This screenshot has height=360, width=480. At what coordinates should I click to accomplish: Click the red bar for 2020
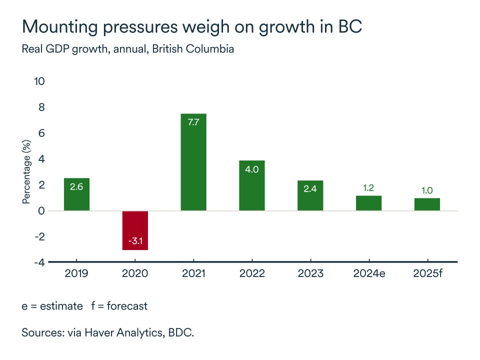click(x=135, y=230)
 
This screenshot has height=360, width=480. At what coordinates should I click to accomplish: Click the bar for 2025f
click(x=427, y=204)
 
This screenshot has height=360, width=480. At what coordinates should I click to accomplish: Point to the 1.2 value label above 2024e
click(x=368, y=188)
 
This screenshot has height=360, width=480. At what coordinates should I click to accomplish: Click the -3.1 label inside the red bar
click(x=135, y=241)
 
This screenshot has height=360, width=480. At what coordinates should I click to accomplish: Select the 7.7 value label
click(x=193, y=121)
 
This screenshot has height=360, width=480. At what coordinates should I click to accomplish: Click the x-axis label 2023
click(x=310, y=273)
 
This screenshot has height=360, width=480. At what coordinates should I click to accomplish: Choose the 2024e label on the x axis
click(x=368, y=273)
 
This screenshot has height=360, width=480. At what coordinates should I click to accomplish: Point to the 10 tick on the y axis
click(x=39, y=81)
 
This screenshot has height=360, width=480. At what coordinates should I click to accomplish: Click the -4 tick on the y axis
click(x=39, y=262)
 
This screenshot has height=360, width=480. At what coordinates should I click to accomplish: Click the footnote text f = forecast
click(x=119, y=306)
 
